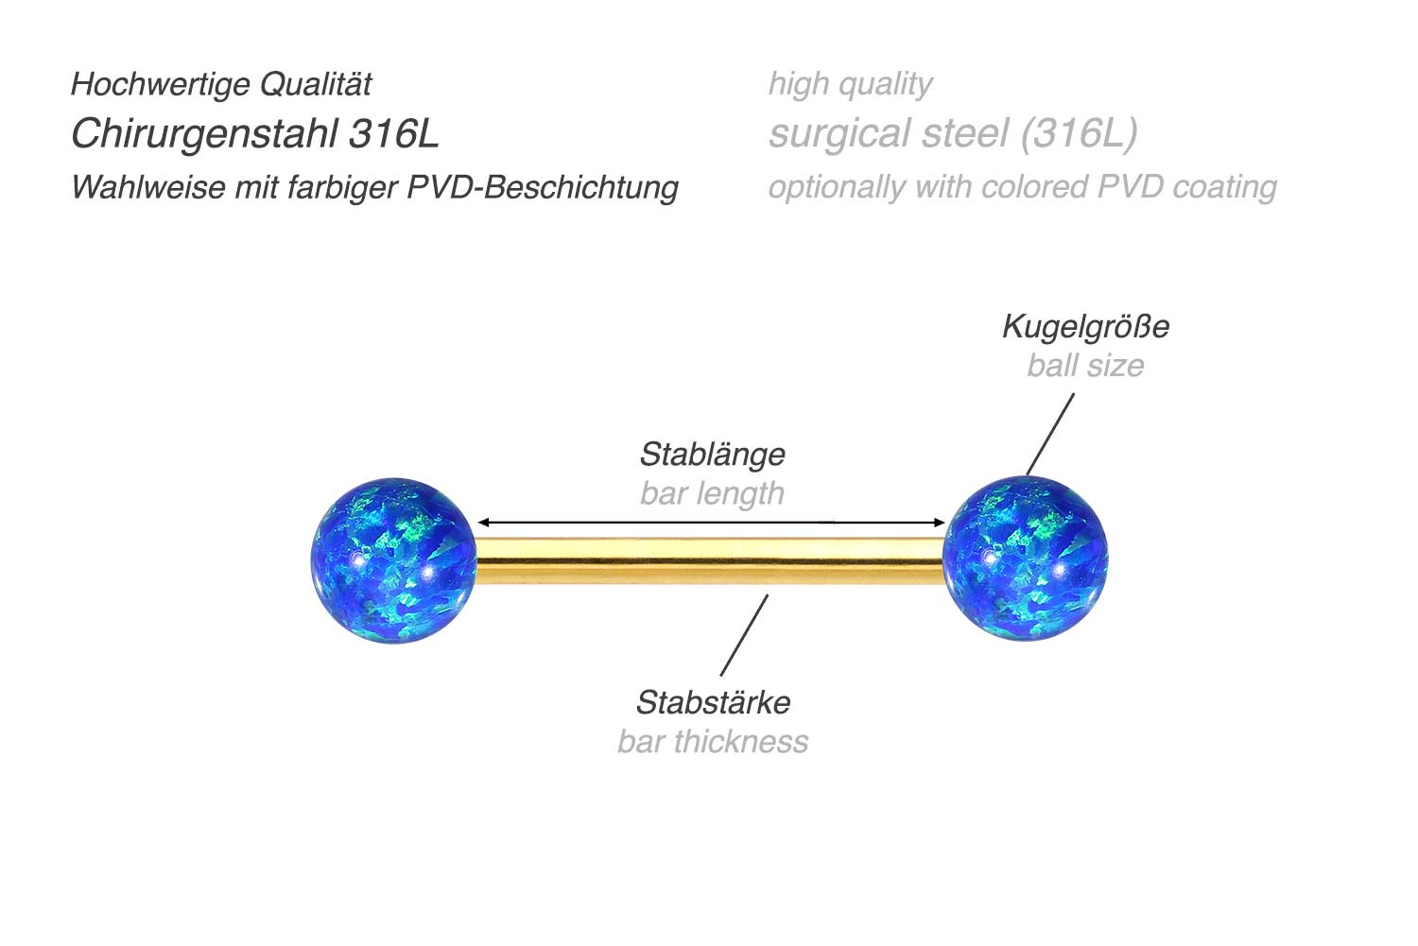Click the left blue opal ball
(x=393, y=559)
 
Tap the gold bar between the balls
(x=709, y=560)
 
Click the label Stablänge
(x=712, y=455)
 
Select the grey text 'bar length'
(x=712, y=493)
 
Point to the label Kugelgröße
(x=1085, y=327)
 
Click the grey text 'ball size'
(x=1085, y=366)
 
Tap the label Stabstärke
(x=713, y=703)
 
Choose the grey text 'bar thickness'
(x=713, y=742)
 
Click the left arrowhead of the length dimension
(x=483, y=522)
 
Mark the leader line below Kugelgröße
(x=1050, y=434)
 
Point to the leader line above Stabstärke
(x=744, y=635)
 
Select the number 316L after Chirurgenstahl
(x=394, y=134)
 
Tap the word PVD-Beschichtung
(x=543, y=187)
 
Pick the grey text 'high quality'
(x=850, y=84)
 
